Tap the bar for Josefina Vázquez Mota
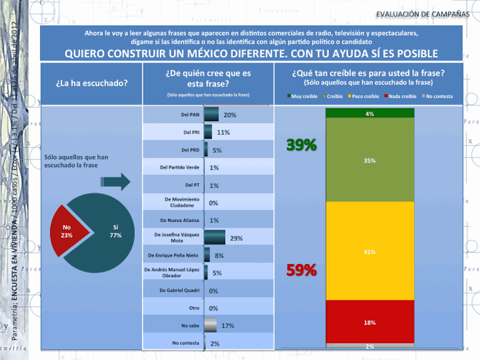(x=215, y=237)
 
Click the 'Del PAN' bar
(x=211, y=115)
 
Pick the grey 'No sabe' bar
(x=210, y=326)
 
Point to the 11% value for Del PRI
(x=223, y=132)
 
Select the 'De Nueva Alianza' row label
(x=180, y=220)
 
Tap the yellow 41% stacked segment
(x=370, y=251)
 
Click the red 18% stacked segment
(x=370, y=322)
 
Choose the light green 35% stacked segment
(x=370, y=161)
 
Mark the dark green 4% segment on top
(x=370, y=114)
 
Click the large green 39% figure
(x=301, y=146)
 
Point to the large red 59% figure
(x=301, y=271)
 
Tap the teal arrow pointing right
(x=115, y=181)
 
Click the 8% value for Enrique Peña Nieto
(x=220, y=255)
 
